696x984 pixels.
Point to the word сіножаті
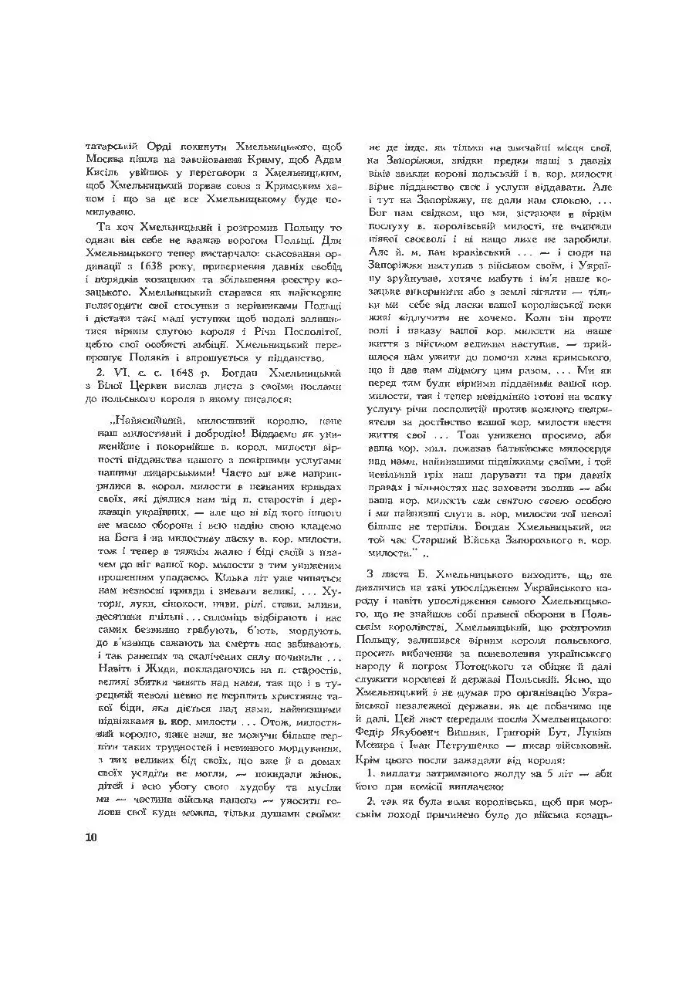pyautogui.click(x=190, y=593)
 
